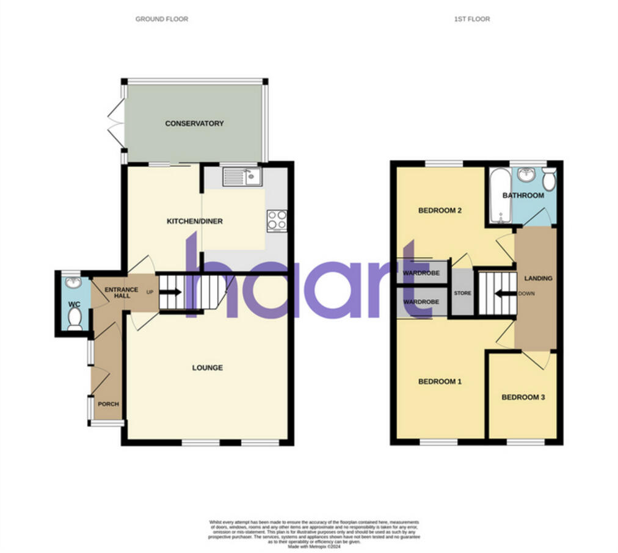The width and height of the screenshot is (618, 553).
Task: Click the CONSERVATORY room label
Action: click(x=194, y=123)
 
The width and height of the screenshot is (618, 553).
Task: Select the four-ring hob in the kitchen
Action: click(x=277, y=220)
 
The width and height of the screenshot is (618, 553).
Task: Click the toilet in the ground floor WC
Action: click(x=75, y=318)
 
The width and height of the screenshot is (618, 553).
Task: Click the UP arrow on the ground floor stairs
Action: click(x=172, y=292)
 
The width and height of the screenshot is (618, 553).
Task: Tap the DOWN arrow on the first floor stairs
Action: click(x=503, y=294)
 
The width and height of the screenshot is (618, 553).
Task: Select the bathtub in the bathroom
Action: click(x=498, y=197)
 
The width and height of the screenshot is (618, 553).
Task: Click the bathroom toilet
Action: click(x=549, y=179)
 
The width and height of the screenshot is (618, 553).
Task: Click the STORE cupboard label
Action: click(x=462, y=294)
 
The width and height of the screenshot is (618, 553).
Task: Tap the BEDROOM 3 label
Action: click(x=523, y=397)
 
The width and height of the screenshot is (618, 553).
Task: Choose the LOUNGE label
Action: click(x=208, y=368)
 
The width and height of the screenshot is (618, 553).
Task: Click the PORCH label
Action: click(x=108, y=404)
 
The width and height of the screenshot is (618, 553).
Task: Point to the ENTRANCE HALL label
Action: click(x=122, y=293)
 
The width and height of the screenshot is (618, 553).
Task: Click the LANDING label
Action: click(x=537, y=278)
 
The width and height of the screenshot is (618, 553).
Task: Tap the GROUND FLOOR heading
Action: click(x=162, y=19)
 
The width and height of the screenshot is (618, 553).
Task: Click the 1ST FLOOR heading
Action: click(x=471, y=19)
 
